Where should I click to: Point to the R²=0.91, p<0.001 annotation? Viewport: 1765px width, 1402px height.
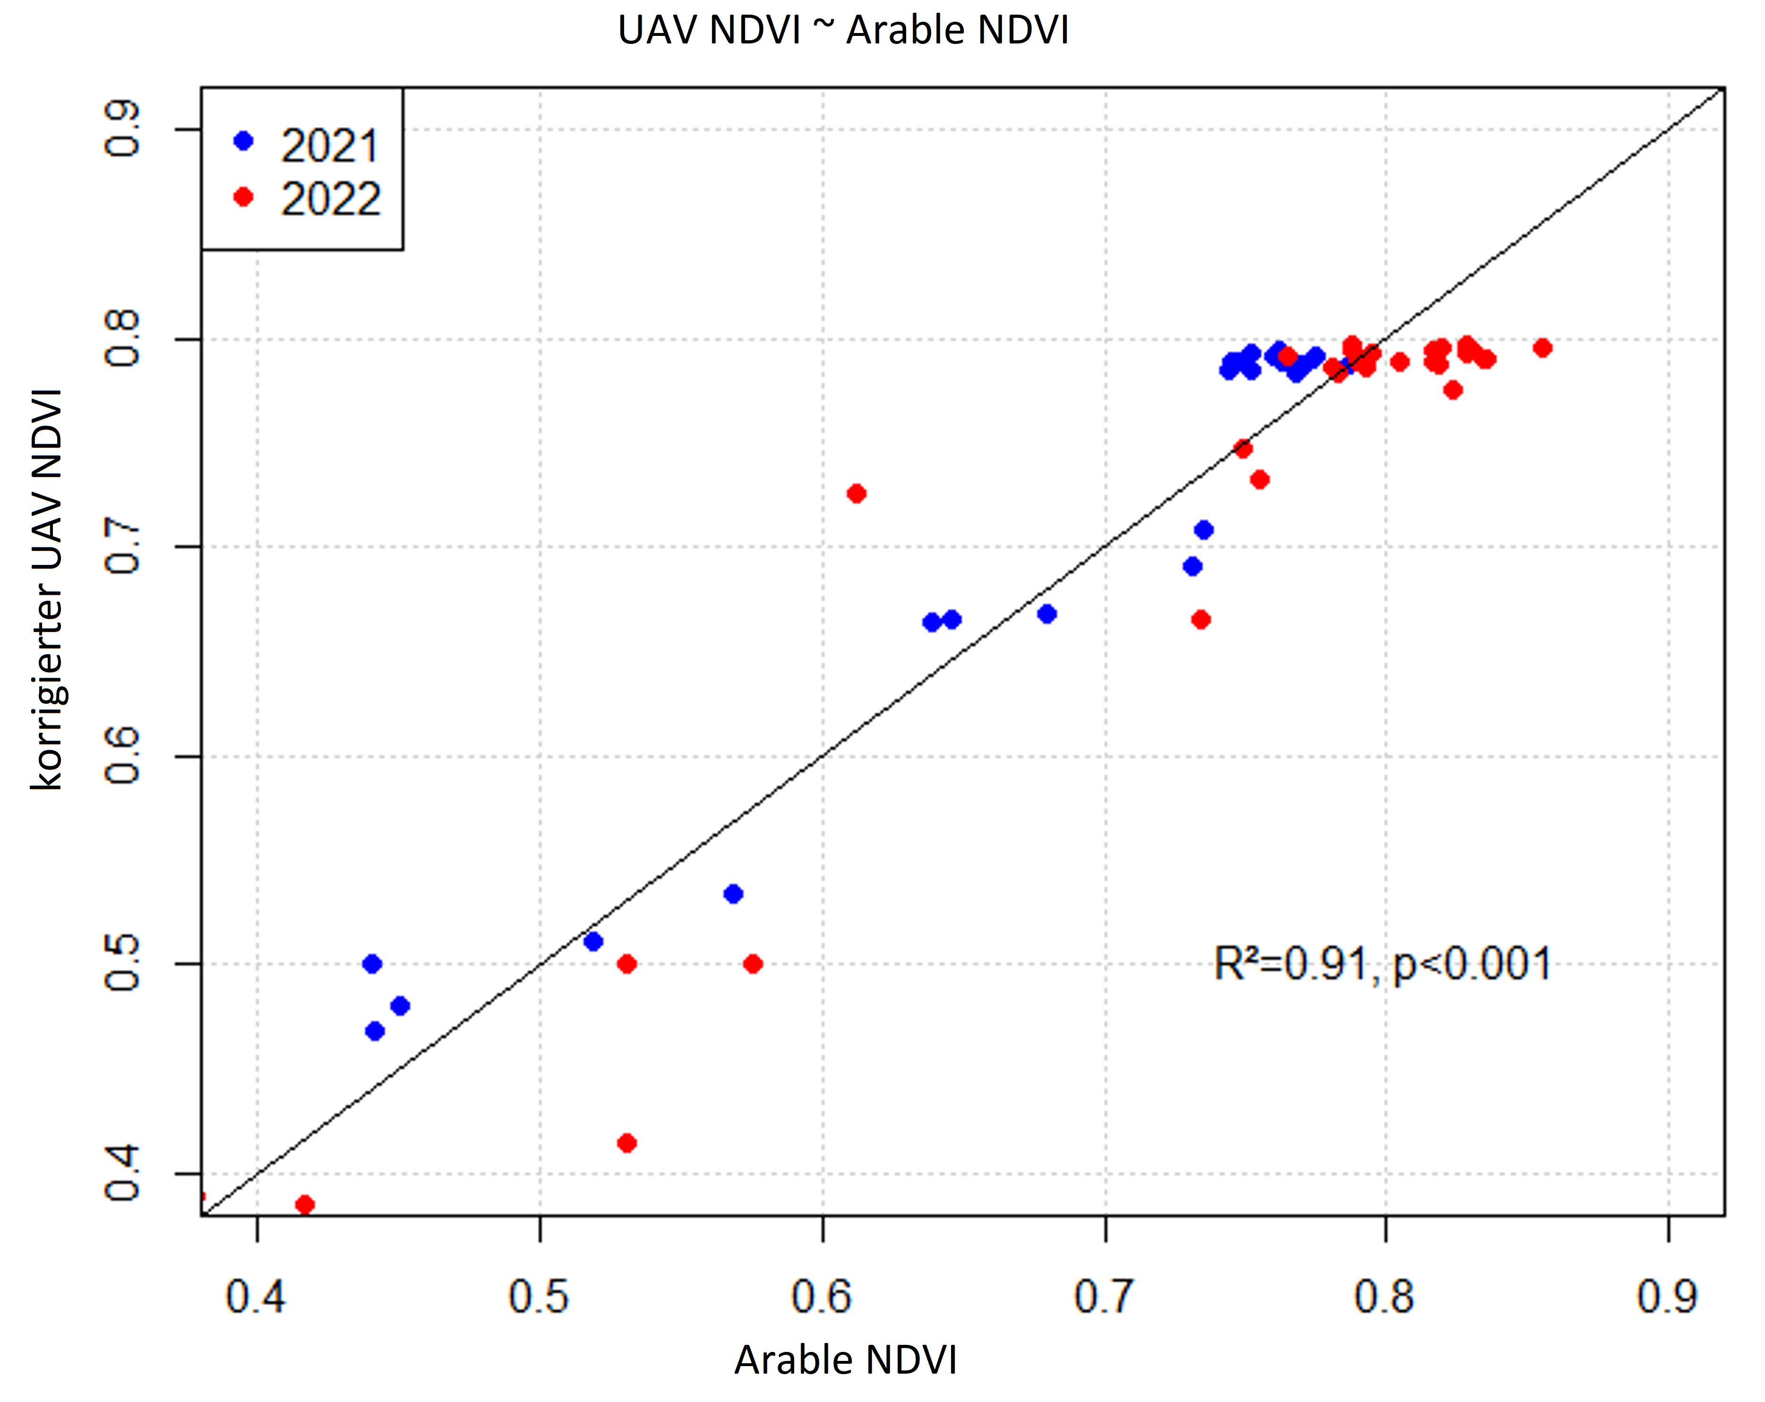pos(1382,964)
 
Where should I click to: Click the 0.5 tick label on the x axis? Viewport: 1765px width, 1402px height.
pos(539,1297)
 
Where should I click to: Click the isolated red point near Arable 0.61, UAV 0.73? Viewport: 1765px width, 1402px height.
pos(857,494)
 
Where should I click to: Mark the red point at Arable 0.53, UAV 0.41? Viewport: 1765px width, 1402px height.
pos(627,1143)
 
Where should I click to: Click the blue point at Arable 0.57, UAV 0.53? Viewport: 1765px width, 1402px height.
pos(734,894)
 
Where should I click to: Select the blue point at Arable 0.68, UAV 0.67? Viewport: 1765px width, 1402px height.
pos(1047,614)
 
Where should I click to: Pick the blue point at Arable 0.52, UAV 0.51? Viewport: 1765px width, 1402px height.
pos(593,942)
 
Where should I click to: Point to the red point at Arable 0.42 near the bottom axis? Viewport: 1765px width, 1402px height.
pos(305,1205)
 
